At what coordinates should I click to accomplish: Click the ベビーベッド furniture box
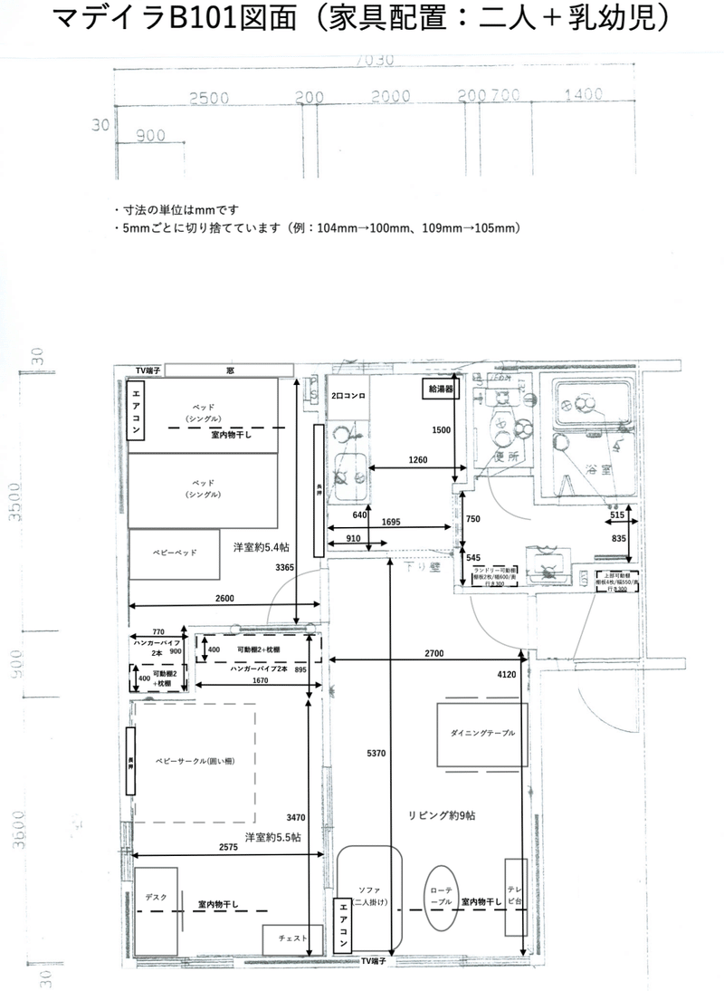point(174,553)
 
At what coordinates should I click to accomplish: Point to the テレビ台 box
point(515,897)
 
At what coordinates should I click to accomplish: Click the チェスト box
point(291,938)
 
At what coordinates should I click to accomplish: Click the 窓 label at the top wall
point(231,371)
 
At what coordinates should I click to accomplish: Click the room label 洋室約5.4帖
point(262,547)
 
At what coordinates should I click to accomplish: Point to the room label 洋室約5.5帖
point(272,836)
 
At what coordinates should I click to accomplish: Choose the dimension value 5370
point(376,753)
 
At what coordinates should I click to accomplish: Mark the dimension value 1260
point(416,460)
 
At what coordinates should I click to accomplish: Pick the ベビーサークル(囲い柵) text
point(195,763)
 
